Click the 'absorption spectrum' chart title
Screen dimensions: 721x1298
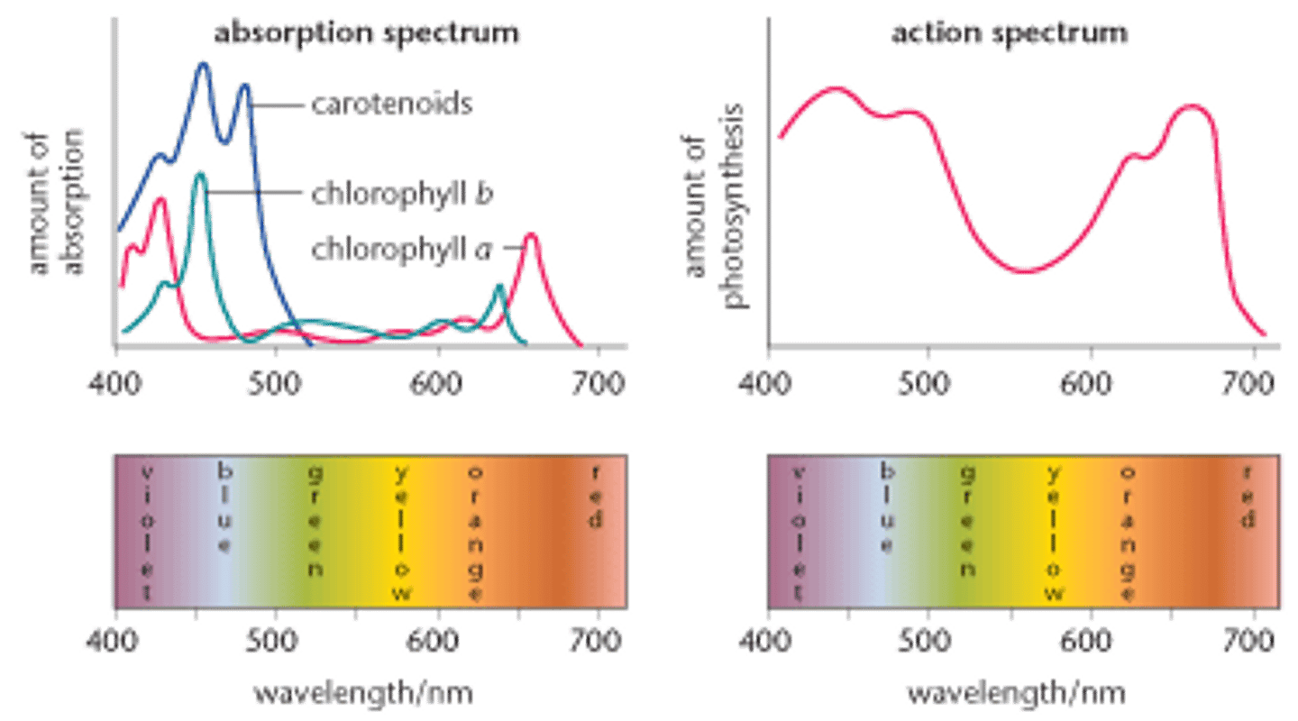coord(367,32)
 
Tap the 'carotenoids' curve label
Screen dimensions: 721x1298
coord(391,105)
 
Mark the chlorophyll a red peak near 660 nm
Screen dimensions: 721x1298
coord(531,236)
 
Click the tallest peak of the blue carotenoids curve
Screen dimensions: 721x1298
coord(203,63)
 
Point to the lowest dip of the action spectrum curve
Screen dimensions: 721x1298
coord(1028,270)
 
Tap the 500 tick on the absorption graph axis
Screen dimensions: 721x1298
coord(276,382)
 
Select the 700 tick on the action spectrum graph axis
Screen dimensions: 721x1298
coord(1254,382)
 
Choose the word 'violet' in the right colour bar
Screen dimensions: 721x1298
coord(797,532)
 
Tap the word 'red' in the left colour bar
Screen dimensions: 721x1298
coord(596,496)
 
